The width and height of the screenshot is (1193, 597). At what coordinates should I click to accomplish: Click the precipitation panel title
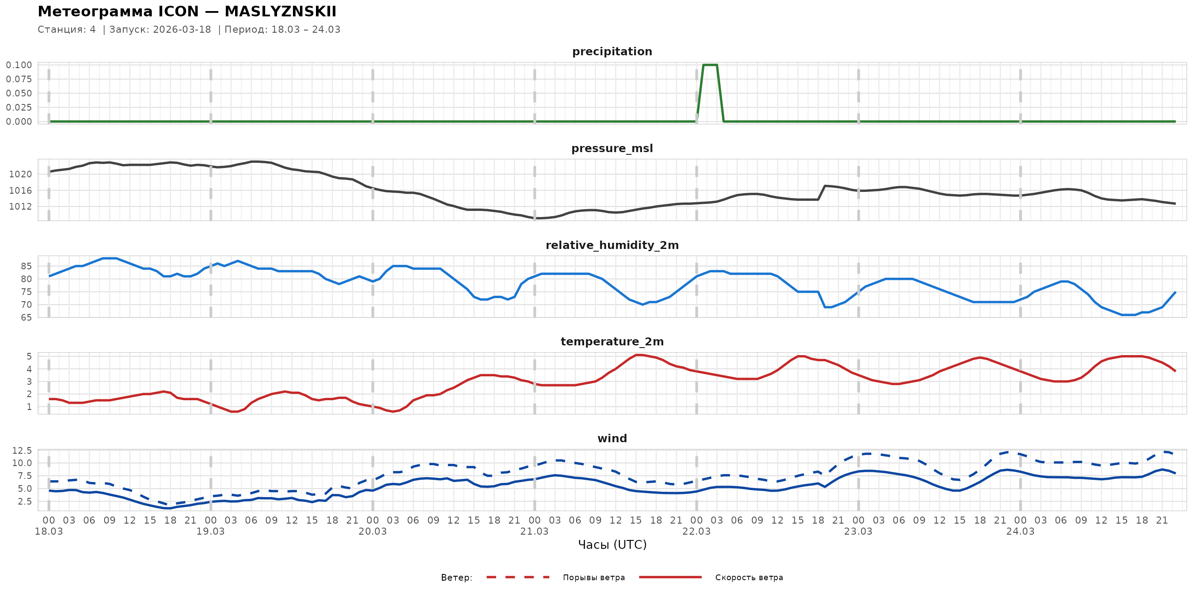[612, 51]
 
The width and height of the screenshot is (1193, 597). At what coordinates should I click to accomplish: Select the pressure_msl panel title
[612, 148]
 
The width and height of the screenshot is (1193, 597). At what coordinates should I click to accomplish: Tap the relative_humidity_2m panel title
[612, 245]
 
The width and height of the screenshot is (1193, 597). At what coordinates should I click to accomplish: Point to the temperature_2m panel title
[612, 341]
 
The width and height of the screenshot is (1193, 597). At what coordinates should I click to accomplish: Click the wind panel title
[612, 439]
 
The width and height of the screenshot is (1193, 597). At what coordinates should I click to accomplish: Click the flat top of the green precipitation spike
[710, 65]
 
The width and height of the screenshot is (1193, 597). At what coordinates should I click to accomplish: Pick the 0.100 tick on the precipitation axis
[19, 65]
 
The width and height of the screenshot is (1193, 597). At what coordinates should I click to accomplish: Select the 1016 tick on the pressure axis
[20, 191]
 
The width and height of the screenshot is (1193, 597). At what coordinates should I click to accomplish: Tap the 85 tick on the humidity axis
[26, 266]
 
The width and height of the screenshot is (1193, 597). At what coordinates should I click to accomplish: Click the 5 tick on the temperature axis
[29, 356]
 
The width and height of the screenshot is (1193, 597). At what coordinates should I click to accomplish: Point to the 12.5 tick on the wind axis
[22, 451]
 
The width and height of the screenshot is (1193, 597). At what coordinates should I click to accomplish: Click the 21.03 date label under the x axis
[534, 532]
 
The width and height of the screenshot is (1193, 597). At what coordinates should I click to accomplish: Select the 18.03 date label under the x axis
[49, 532]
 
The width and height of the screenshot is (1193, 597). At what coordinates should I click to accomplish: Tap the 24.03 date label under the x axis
[1020, 532]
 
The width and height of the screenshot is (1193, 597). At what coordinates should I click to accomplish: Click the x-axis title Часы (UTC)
[612, 545]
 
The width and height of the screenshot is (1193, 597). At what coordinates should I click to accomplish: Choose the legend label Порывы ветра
[594, 578]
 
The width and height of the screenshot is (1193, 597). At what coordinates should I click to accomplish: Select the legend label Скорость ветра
[749, 578]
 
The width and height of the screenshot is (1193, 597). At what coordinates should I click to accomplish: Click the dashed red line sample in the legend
[518, 577]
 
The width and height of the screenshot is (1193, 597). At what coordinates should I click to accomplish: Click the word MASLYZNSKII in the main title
[280, 11]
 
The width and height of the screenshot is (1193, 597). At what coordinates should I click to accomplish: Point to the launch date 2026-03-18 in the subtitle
[182, 30]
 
